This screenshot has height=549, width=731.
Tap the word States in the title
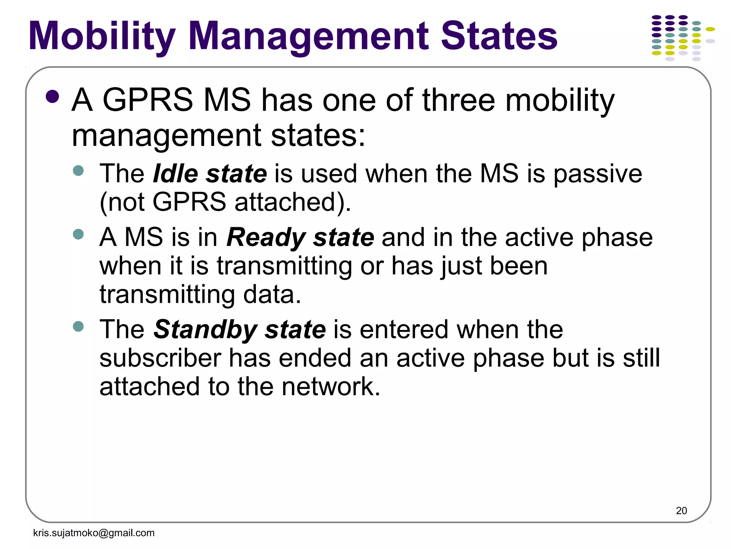(499, 36)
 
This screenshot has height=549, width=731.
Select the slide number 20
(681, 511)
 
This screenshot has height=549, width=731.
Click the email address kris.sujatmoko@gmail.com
(94, 533)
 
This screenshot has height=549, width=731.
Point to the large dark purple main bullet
(52, 97)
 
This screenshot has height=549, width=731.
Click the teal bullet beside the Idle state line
(78, 170)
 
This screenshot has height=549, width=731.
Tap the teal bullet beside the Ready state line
(78, 234)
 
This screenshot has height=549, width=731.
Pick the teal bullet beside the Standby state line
(78, 326)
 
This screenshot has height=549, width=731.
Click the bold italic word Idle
(175, 174)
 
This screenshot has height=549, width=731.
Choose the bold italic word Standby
(205, 330)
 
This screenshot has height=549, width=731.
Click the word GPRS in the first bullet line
(148, 100)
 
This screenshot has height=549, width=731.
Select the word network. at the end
(331, 387)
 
